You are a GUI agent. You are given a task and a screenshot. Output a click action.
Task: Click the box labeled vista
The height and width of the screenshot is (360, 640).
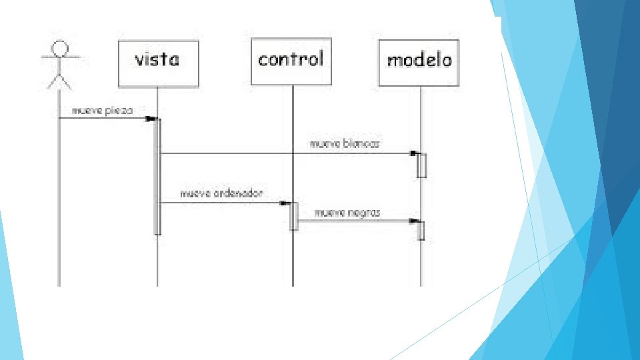[x=158, y=63]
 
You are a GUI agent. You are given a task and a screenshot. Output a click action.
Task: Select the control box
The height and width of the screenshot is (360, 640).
[x=291, y=61]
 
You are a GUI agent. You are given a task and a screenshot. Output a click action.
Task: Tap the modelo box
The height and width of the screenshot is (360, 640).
[x=419, y=63]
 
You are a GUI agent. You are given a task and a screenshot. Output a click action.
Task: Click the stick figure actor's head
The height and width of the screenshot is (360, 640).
[x=61, y=48]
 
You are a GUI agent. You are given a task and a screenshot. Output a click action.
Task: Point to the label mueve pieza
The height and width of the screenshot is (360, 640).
[x=102, y=110]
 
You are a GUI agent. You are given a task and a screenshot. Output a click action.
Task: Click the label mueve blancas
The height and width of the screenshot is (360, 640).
[x=344, y=143]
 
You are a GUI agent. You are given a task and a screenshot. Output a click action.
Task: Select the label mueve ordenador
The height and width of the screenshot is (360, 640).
[x=222, y=193]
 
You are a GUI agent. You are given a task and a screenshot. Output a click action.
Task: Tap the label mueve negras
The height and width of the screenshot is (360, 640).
[x=347, y=213]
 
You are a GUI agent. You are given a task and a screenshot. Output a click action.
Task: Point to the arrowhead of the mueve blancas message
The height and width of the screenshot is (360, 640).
[x=414, y=153]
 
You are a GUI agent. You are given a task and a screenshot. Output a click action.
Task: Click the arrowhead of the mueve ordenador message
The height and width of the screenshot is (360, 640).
[x=285, y=203]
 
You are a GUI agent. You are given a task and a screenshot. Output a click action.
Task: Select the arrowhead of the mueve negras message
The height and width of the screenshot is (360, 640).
[x=414, y=221]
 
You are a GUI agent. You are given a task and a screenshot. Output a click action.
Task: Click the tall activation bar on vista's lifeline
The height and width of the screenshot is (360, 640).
[x=158, y=177]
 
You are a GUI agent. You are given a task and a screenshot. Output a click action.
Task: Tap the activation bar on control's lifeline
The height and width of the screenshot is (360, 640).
[x=293, y=216]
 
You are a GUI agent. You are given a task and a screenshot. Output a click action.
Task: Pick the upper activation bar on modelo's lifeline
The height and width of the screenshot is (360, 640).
[x=421, y=165]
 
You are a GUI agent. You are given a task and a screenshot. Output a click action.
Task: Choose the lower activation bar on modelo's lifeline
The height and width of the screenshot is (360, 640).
[x=421, y=229]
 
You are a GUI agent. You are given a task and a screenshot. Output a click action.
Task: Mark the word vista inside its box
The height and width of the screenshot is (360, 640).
[x=158, y=60]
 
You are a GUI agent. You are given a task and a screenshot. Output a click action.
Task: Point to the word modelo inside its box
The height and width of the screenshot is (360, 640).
[x=419, y=60]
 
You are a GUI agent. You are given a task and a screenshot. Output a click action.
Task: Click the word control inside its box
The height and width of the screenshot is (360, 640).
[x=291, y=59]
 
